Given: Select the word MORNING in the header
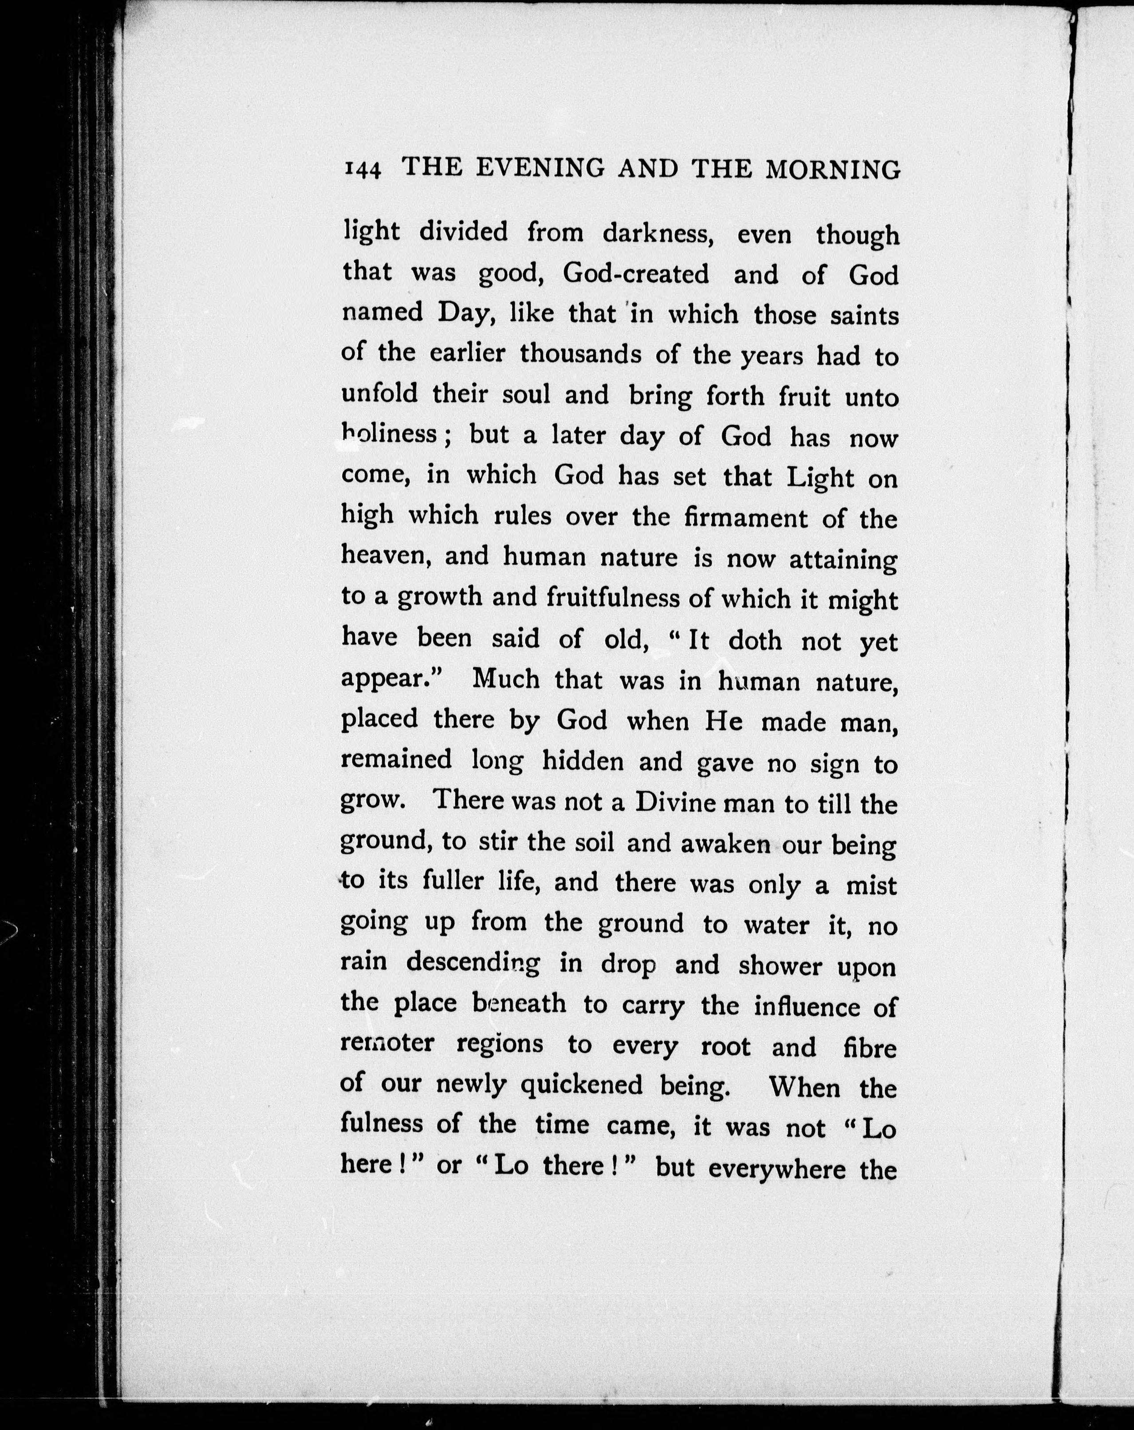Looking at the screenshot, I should [x=833, y=170].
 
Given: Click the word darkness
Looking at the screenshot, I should [x=658, y=233].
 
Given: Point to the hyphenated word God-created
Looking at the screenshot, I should [x=636, y=273].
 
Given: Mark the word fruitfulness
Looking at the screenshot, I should [x=615, y=598].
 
